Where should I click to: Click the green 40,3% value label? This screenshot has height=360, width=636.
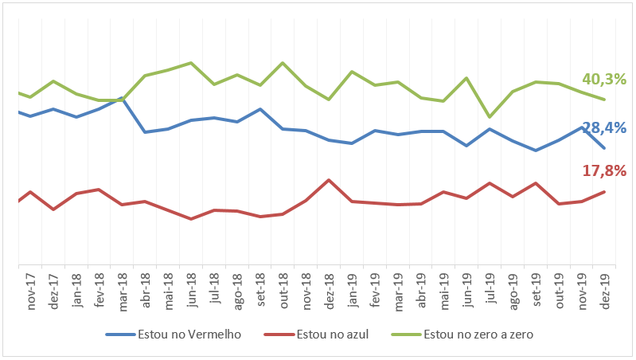[604, 80]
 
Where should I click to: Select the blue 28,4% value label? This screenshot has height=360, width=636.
[604, 127]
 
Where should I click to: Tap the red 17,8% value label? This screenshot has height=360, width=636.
[604, 170]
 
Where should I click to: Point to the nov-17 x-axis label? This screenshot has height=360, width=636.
[31, 292]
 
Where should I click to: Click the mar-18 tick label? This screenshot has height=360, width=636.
[123, 292]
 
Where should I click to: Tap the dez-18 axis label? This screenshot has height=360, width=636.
[329, 292]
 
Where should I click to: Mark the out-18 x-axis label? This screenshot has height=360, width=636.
[283, 292]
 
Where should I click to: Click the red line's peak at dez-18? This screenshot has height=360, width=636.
[329, 180]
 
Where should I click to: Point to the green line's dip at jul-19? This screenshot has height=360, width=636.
[490, 117]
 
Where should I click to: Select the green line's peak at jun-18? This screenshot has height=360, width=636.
[191, 63]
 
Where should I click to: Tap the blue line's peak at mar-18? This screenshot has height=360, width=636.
[122, 99]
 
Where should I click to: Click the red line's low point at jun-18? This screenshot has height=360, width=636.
[191, 218]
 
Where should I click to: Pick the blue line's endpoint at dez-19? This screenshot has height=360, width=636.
[605, 147]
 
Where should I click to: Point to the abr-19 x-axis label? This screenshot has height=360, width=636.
[421, 292]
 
